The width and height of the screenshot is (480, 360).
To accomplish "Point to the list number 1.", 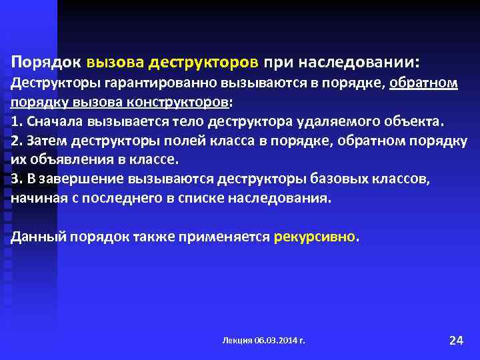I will click(x=15, y=123).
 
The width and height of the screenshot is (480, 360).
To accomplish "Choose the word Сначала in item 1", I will click(x=52, y=123).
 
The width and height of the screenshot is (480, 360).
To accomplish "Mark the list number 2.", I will click(x=15, y=142).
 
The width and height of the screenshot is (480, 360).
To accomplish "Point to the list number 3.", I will click(x=15, y=179).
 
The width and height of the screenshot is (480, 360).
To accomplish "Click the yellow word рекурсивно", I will click(x=315, y=237).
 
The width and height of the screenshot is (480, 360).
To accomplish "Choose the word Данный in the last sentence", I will click(x=35, y=237).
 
